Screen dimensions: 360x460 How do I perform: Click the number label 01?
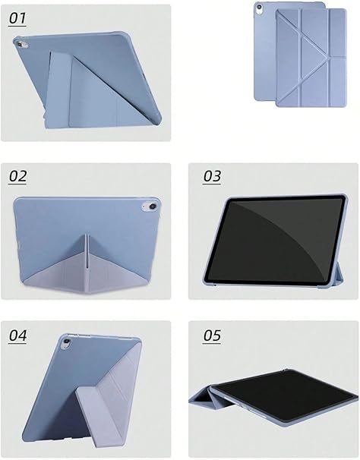(x=17, y=18)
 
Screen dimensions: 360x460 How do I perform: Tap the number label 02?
(x=17, y=176)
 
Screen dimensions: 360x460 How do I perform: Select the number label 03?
(x=212, y=176)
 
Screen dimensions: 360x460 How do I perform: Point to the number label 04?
(x=17, y=336)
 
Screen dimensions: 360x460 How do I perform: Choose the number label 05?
(x=212, y=336)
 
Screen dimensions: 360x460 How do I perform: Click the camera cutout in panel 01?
(x=20, y=44)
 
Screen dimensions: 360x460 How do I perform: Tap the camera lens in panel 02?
(x=153, y=206)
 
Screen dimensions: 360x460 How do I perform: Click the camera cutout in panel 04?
(x=66, y=342)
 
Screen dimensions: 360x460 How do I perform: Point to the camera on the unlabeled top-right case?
(x=259, y=8)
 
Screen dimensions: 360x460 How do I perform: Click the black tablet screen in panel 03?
(x=273, y=240)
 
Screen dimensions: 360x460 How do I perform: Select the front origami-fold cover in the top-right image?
(x=311, y=58)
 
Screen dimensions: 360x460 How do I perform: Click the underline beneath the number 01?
(x=17, y=27)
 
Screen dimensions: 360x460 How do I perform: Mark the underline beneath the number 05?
(x=212, y=344)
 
